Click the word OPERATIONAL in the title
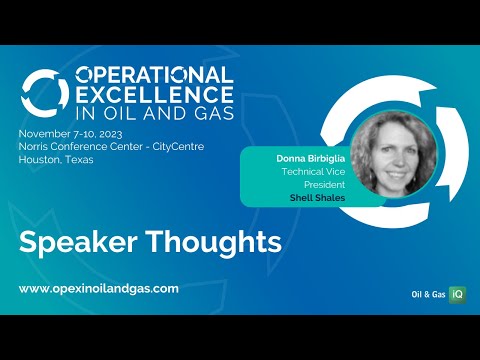tap(155, 76)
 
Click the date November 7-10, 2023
tap(70, 132)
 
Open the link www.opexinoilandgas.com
tap(99, 288)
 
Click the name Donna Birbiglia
tap(296, 158)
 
